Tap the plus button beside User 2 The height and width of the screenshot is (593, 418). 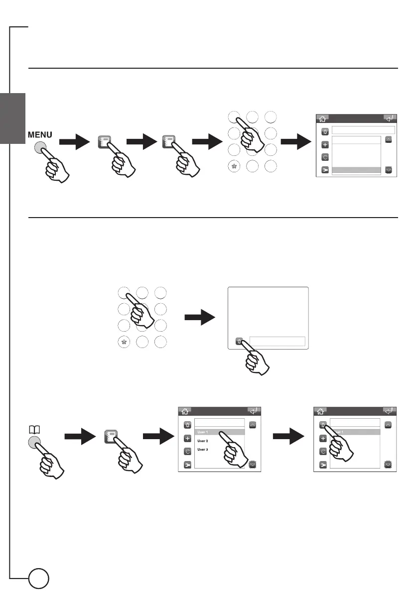pyautogui.click(x=188, y=439)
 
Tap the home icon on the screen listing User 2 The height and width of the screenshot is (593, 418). pyautogui.click(x=185, y=411)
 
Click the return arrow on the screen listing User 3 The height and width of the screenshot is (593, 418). pyautogui.click(x=254, y=411)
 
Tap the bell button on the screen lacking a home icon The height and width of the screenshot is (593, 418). pyautogui.click(x=240, y=342)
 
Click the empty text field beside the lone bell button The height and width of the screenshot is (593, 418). pyautogui.click(x=277, y=342)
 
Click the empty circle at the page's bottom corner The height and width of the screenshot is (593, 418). pyautogui.click(x=38, y=580)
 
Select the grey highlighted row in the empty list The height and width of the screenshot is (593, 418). pyautogui.click(x=356, y=170)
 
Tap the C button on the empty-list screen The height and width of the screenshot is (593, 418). pyautogui.click(x=324, y=157)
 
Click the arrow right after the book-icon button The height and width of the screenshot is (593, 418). pyautogui.click(x=80, y=438)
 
